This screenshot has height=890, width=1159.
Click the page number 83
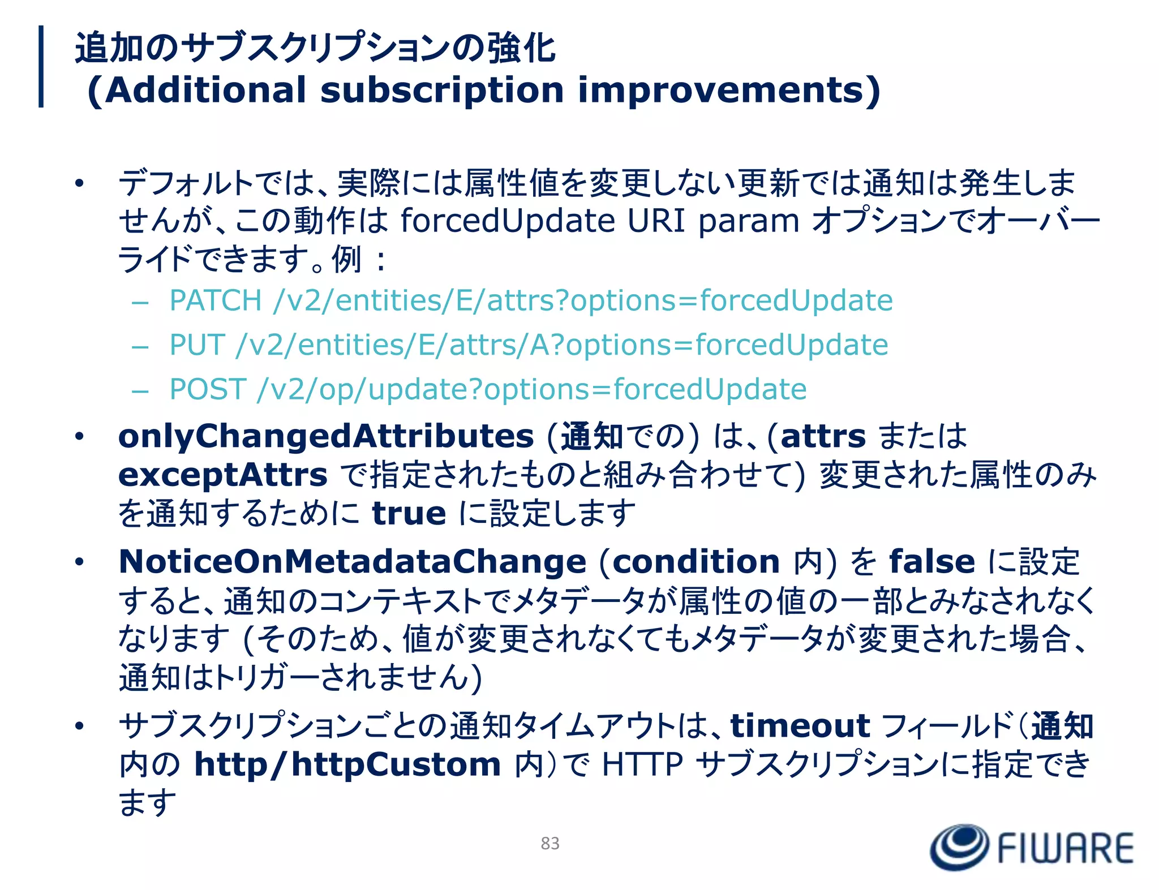click(550, 843)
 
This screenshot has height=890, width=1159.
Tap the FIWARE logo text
click(1065, 848)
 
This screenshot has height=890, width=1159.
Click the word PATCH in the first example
click(216, 300)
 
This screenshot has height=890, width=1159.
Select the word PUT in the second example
click(197, 345)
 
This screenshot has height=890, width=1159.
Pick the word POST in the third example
click(208, 389)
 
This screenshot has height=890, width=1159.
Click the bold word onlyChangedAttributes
click(326, 436)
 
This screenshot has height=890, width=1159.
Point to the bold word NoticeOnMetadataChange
click(352, 561)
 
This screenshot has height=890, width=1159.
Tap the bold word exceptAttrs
click(222, 475)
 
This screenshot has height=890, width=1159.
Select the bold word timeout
click(800, 726)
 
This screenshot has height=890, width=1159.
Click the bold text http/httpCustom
click(347, 764)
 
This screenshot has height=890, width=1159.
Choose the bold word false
click(932, 561)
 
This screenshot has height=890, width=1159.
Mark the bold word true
click(409, 513)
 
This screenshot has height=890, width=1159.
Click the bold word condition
click(696, 561)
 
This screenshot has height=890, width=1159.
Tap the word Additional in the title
click(205, 91)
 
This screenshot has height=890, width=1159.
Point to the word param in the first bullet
click(748, 221)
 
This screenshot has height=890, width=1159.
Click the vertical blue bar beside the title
click(41, 66)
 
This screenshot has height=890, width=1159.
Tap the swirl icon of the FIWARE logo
click(959, 847)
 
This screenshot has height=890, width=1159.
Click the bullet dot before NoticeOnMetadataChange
click(79, 562)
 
